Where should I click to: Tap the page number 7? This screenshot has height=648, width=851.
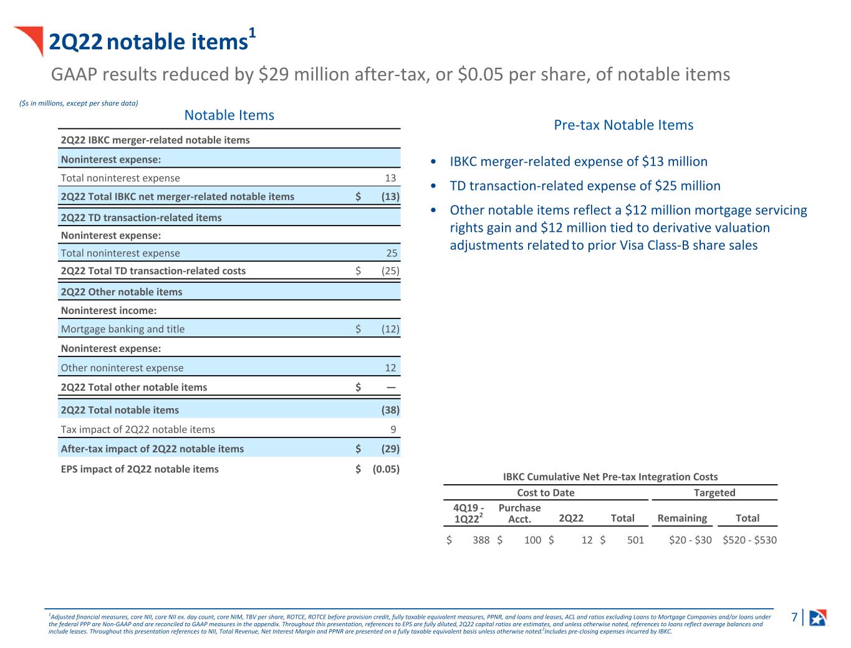794,617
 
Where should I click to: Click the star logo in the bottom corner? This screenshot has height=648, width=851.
817,617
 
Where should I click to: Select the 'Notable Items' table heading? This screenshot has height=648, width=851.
229,115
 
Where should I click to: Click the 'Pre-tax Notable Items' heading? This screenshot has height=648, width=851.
623,125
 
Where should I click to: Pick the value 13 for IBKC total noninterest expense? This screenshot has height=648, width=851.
390,178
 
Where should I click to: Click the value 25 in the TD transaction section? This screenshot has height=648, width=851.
392,253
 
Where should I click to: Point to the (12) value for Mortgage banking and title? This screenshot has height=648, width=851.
390,329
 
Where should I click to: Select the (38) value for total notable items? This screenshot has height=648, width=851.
390,410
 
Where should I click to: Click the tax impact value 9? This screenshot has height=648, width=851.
393,429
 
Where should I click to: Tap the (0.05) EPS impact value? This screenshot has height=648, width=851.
386,469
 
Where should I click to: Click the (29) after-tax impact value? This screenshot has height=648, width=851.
390,449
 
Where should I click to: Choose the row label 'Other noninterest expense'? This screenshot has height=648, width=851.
122,368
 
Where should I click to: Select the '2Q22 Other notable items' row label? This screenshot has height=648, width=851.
122,292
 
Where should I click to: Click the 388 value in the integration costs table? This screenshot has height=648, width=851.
481,540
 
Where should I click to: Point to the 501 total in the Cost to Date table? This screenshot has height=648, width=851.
635,540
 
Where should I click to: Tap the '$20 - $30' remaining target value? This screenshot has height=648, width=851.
690,540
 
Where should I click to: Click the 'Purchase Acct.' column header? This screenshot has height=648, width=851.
519,513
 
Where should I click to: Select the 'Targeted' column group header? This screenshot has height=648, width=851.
714,493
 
